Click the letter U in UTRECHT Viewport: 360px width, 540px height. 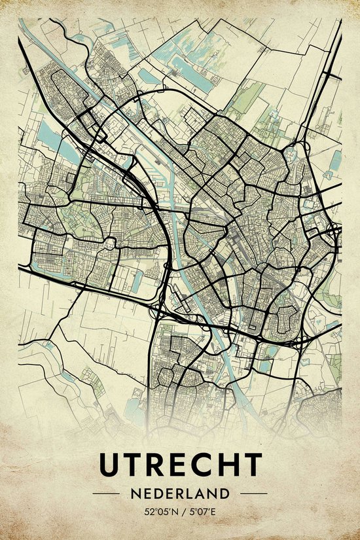(110, 465)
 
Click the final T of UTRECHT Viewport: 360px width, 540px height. (251, 465)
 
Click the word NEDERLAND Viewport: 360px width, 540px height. (180, 493)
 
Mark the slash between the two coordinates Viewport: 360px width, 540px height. (182, 511)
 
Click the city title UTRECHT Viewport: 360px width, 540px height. (180, 465)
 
